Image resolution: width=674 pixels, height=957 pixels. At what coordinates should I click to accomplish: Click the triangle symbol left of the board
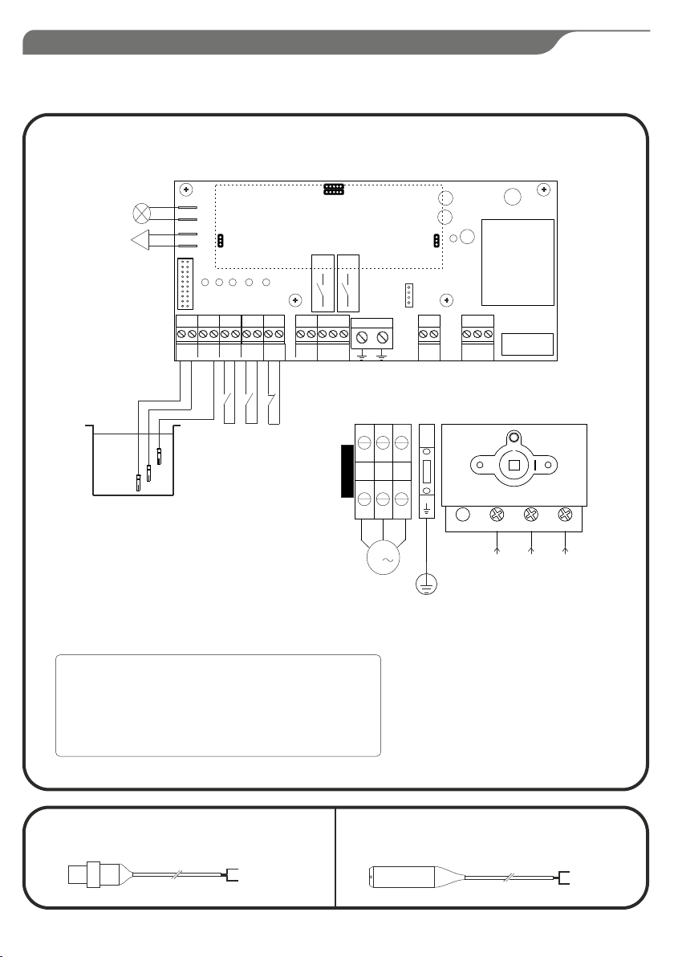[141, 240]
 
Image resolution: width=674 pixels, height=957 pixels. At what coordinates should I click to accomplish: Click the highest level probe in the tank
[160, 456]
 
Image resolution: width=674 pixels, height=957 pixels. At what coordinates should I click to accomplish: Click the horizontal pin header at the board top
[334, 190]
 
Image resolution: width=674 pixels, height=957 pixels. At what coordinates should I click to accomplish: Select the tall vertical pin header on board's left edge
[183, 285]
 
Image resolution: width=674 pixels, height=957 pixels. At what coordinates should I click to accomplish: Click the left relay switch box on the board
[323, 283]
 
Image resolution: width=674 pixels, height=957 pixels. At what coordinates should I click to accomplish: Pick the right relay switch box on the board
[349, 283]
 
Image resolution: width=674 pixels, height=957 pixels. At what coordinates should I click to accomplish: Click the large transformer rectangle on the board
[518, 262]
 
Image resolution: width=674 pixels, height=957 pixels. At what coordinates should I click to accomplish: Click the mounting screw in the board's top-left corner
[186, 190]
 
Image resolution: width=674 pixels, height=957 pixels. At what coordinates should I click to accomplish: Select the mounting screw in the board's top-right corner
[544, 189]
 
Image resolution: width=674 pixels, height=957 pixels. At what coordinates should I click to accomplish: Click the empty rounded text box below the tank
[217, 705]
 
